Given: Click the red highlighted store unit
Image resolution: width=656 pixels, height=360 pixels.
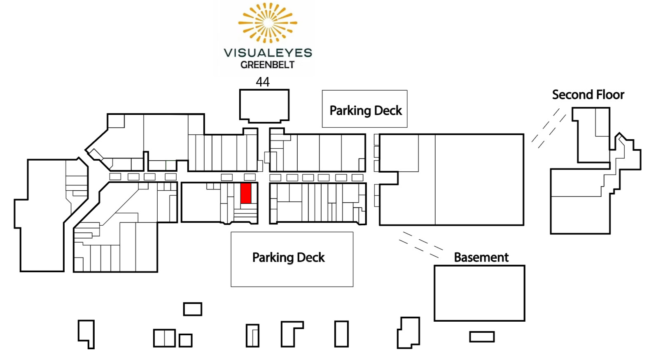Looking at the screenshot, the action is [x=246, y=193].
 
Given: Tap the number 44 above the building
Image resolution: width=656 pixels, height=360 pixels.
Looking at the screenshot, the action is [x=262, y=82].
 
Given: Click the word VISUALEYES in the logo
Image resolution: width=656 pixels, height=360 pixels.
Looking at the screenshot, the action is [x=268, y=53].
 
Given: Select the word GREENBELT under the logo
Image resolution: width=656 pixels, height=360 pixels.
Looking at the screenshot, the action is [x=267, y=65].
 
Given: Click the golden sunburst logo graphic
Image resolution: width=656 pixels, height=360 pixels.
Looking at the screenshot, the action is [x=268, y=23].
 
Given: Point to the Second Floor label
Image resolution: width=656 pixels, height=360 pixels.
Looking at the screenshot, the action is [x=588, y=95].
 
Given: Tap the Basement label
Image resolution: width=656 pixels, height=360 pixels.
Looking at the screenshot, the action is [x=481, y=257].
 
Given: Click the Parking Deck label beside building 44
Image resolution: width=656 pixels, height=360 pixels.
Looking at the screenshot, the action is [x=366, y=110].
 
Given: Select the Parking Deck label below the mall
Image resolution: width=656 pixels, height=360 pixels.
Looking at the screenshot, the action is [x=288, y=257].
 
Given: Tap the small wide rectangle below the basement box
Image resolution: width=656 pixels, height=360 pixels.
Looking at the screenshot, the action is [x=482, y=337].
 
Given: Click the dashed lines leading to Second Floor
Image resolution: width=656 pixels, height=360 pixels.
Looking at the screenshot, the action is [x=549, y=128].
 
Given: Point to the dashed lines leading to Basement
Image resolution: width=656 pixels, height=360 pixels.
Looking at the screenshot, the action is [x=421, y=245].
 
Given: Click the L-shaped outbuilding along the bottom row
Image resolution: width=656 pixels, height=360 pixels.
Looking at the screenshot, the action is [x=282, y=334].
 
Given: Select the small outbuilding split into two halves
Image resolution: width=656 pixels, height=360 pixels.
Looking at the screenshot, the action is [x=165, y=338].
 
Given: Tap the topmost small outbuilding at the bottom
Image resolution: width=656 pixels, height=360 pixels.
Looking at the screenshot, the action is [x=193, y=309].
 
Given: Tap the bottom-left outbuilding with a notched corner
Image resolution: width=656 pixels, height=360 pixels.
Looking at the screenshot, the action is [x=86, y=334].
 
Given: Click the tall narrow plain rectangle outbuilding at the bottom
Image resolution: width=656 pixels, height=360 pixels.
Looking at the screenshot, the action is [x=341, y=334].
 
